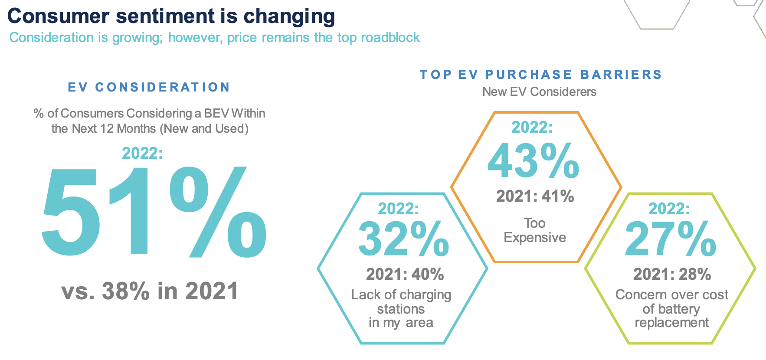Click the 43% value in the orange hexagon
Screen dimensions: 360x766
point(533,161)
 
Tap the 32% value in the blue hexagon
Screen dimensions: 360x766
point(403,239)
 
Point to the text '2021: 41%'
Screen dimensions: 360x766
point(535,196)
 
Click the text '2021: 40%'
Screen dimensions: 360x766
point(405,274)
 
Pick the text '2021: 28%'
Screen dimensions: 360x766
point(672,274)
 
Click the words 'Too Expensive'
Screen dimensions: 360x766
point(534,230)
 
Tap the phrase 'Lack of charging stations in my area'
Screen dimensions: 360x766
point(401,308)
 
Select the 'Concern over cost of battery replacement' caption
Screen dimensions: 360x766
point(671,308)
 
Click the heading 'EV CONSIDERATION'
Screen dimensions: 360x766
point(149,87)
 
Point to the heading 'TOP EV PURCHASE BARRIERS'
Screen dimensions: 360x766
point(540,75)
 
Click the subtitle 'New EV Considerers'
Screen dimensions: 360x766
point(539,92)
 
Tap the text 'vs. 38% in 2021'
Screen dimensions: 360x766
point(150,291)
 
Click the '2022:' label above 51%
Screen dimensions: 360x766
point(142,153)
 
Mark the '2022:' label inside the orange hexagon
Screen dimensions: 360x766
point(532,127)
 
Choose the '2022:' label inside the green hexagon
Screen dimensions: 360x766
point(669,209)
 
